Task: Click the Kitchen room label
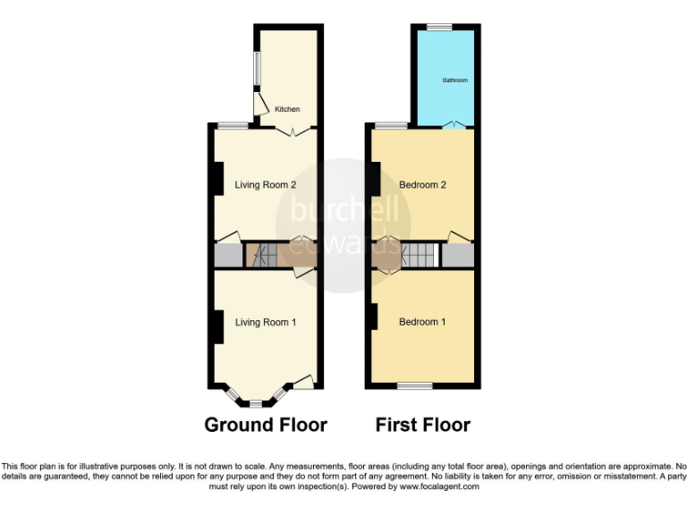[x=287, y=109]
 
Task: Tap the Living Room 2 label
[x=266, y=186]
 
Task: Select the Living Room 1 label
[x=266, y=322]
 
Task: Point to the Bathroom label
[x=454, y=80]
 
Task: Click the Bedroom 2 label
[x=422, y=186]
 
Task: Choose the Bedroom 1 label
[x=422, y=322]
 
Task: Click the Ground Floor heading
[x=266, y=425]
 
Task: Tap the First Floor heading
[x=423, y=425]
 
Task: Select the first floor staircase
[x=417, y=256]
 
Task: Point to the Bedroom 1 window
[x=414, y=386]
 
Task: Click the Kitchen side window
[x=256, y=70]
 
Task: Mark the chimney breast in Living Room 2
[x=216, y=179]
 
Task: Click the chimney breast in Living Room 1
[x=216, y=325]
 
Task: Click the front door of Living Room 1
[x=304, y=383]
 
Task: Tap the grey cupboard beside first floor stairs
[x=457, y=256]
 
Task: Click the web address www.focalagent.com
[x=439, y=487]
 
